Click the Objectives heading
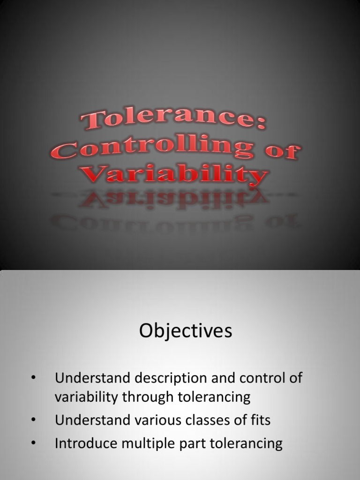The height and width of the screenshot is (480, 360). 185,331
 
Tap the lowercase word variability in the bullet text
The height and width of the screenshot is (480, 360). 86,397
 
